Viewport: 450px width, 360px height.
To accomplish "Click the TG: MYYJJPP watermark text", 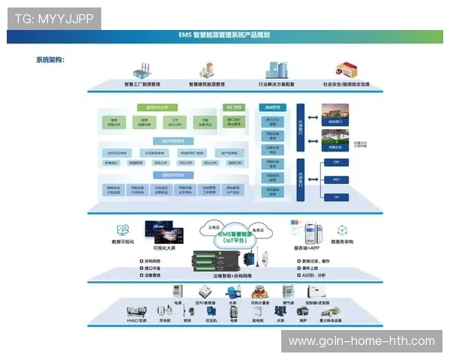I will (53, 19).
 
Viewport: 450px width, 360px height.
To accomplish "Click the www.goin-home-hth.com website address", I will (361, 341).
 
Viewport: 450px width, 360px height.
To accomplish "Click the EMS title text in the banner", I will (224, 35).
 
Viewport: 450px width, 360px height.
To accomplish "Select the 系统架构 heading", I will (50, 59).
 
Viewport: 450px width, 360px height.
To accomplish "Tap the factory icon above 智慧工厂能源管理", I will (143, 70).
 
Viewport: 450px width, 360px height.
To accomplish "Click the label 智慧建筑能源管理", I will (205, 85).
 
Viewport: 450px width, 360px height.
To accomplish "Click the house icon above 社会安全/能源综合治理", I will (346, 70).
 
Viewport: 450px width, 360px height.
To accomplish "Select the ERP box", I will (336, 163).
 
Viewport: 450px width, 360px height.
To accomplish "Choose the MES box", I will (336, 180).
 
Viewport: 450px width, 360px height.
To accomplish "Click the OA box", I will (336, 196).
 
